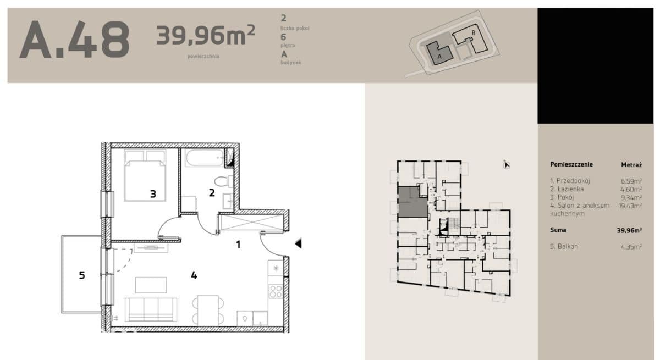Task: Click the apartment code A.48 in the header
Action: click(74, 40)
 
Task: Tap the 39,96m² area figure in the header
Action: click(205, 35)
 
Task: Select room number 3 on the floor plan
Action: click(153, 194)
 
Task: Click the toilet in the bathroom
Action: click(224, 181)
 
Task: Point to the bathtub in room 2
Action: click(205, 158)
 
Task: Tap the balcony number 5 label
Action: click(82, 275)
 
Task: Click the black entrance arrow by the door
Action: click(298, 243)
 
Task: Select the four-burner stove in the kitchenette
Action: click(276, 291)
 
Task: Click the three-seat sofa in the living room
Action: click(151, 309)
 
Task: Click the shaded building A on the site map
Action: click(439, 53)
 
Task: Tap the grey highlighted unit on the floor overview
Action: click(413, 202)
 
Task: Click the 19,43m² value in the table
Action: click(630, 206)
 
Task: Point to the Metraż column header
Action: click(631, 165)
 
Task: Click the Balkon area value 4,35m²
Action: click(631, 247)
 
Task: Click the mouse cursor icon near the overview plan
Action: click(506, 165)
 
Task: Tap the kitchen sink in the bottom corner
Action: click(245, 318)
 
